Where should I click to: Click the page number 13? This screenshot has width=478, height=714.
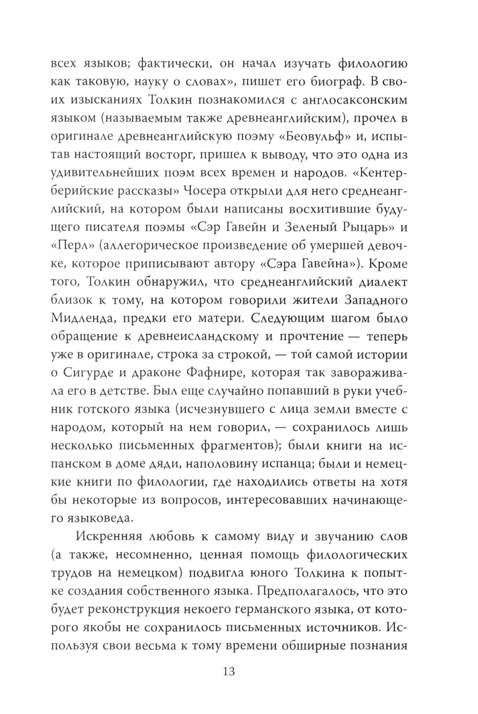tap(228, 671)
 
